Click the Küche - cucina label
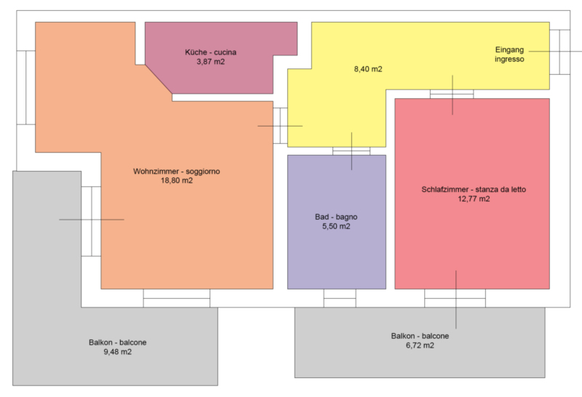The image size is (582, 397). point(210,52)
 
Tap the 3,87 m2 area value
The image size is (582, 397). point(210,62)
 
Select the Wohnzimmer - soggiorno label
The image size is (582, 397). point(177,172)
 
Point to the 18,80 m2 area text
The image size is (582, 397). point(177,181)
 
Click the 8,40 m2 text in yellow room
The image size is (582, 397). point(368,69)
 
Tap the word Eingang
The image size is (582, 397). point(509,49)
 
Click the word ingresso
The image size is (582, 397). point(509,59)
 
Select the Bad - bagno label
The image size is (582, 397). point(336,217)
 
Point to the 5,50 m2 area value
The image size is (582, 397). point(336,226)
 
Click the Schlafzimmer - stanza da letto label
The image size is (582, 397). point(474,190)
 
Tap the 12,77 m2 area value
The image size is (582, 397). point(474,199)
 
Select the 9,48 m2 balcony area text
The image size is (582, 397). point(118,352)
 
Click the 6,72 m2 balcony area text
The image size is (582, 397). point(420,345)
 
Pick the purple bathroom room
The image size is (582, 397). point(337,222)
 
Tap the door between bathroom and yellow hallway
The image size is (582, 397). point(351,151)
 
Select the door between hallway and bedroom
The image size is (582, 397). point(452,94)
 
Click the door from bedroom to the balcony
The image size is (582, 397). point(455,298)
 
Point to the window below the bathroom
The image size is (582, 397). point(340,298)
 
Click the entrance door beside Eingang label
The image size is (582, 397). point(559,52)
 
